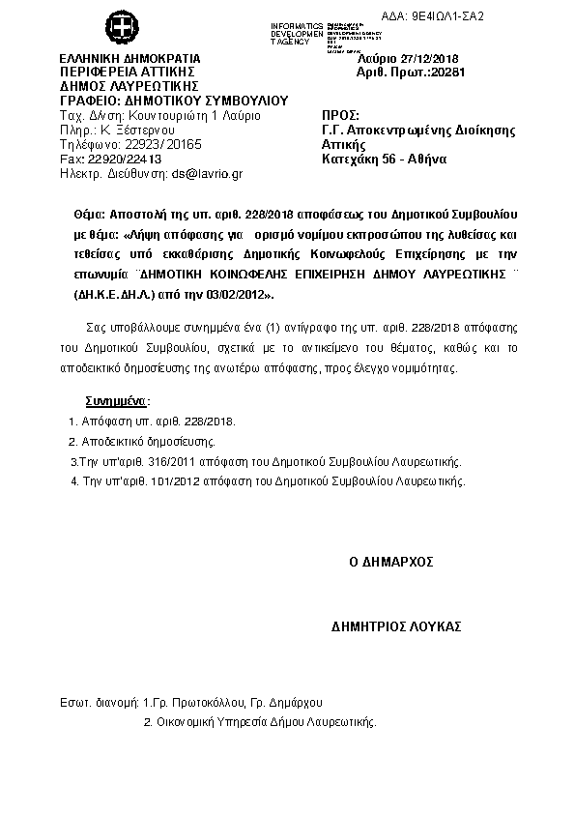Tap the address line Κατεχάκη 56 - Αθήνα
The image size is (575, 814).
pos(383,159)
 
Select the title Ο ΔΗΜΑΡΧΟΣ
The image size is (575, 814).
pos(390,561)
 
